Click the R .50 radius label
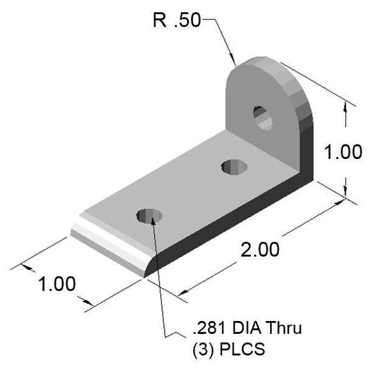(176, 20)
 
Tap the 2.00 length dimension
(260, 249)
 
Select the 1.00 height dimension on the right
(342, 152)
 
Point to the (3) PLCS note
(228, 350)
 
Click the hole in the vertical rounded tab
(262, 118)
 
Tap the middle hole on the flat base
(234, 167)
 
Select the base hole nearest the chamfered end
(149, 216)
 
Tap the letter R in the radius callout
(159, 20)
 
